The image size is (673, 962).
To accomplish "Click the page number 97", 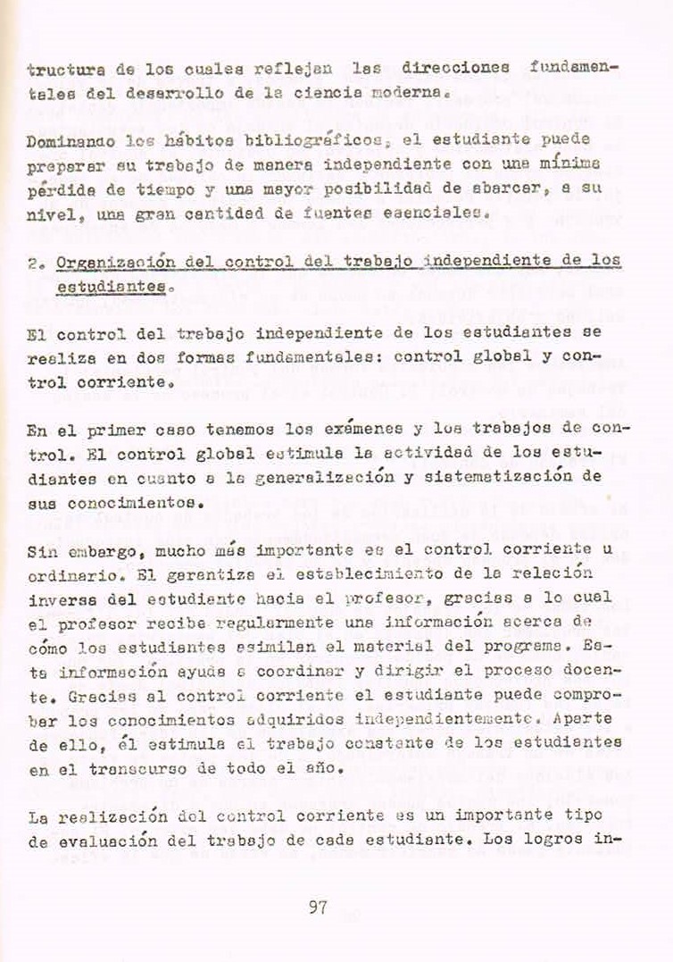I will pyautogui.click(x=318, y=908).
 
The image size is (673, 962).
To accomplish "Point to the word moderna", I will pyautogui.click(x=402, y=92).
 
